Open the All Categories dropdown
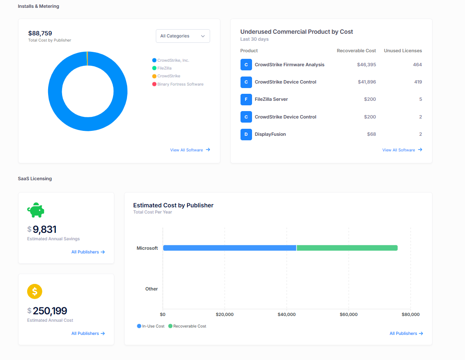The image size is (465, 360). coord(183,36)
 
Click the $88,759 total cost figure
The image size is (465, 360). coord(40,33)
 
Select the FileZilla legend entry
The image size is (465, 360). coord(164,68)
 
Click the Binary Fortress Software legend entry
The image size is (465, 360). coord(180,84)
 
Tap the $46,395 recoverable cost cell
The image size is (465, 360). coord(366,65)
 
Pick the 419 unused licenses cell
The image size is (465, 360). coord(418,82)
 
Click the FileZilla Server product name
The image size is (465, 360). coord(271,99)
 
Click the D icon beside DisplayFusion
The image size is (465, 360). coord(246,135)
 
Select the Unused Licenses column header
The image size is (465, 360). coord(403,51)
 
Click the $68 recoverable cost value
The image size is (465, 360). coord(371,134)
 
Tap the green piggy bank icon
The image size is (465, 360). coord(36,210)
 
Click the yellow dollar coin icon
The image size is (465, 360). coord(35,291)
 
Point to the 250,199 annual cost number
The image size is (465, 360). coord(50,311)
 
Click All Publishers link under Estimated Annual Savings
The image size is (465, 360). coord(88,252)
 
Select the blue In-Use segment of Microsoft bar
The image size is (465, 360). coord(229,248)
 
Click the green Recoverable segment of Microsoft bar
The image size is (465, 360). coord(347,248)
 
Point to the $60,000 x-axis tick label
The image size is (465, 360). coord(348,315)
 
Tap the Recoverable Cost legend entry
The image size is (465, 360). coord(189,326)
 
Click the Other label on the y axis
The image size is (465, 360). coord(151,289)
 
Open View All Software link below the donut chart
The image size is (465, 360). coord(190,150)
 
